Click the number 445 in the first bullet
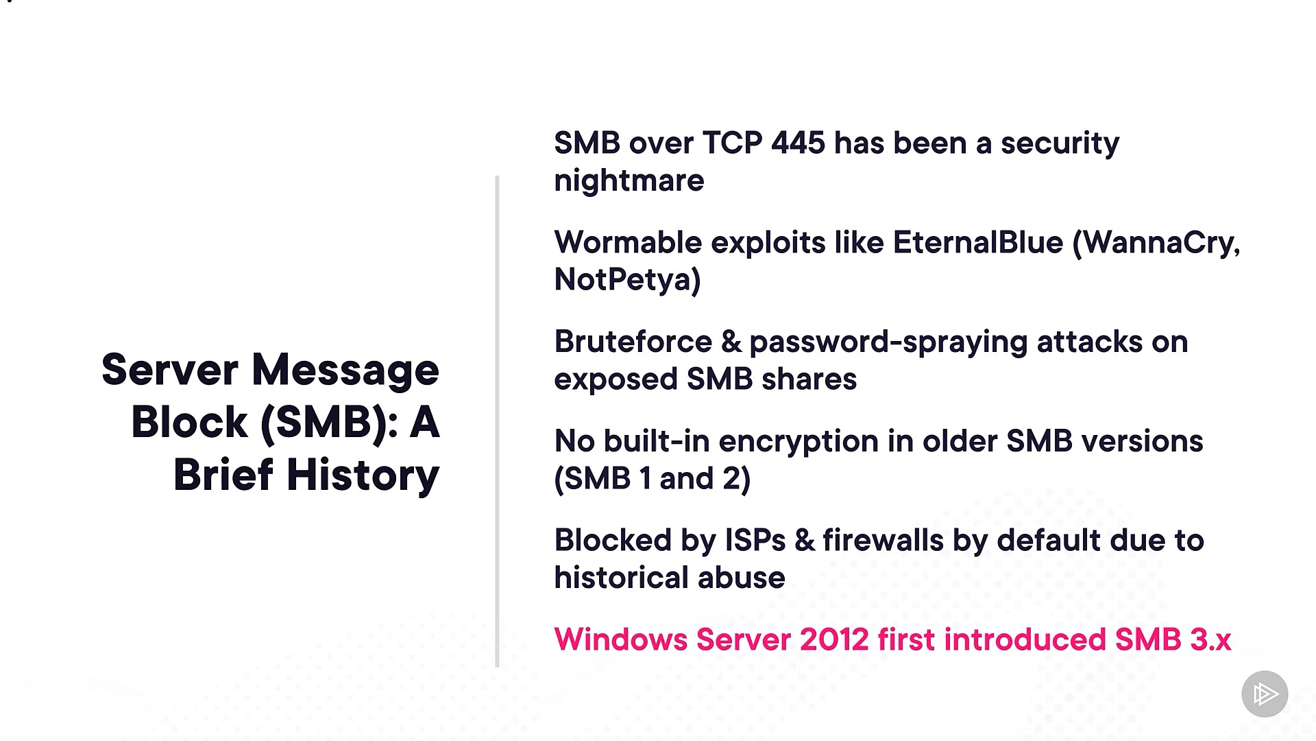[x=798, y=143]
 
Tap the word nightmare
[x=629, y=182]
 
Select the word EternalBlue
[x=978, y=242]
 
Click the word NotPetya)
[x=627, y=281]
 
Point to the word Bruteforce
[x=633, y=342]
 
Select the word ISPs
[x=755, y=541]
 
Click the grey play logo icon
[x=1265, y=694]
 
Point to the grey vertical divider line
[x=497, y=421]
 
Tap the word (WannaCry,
[x=1156, y=244]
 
